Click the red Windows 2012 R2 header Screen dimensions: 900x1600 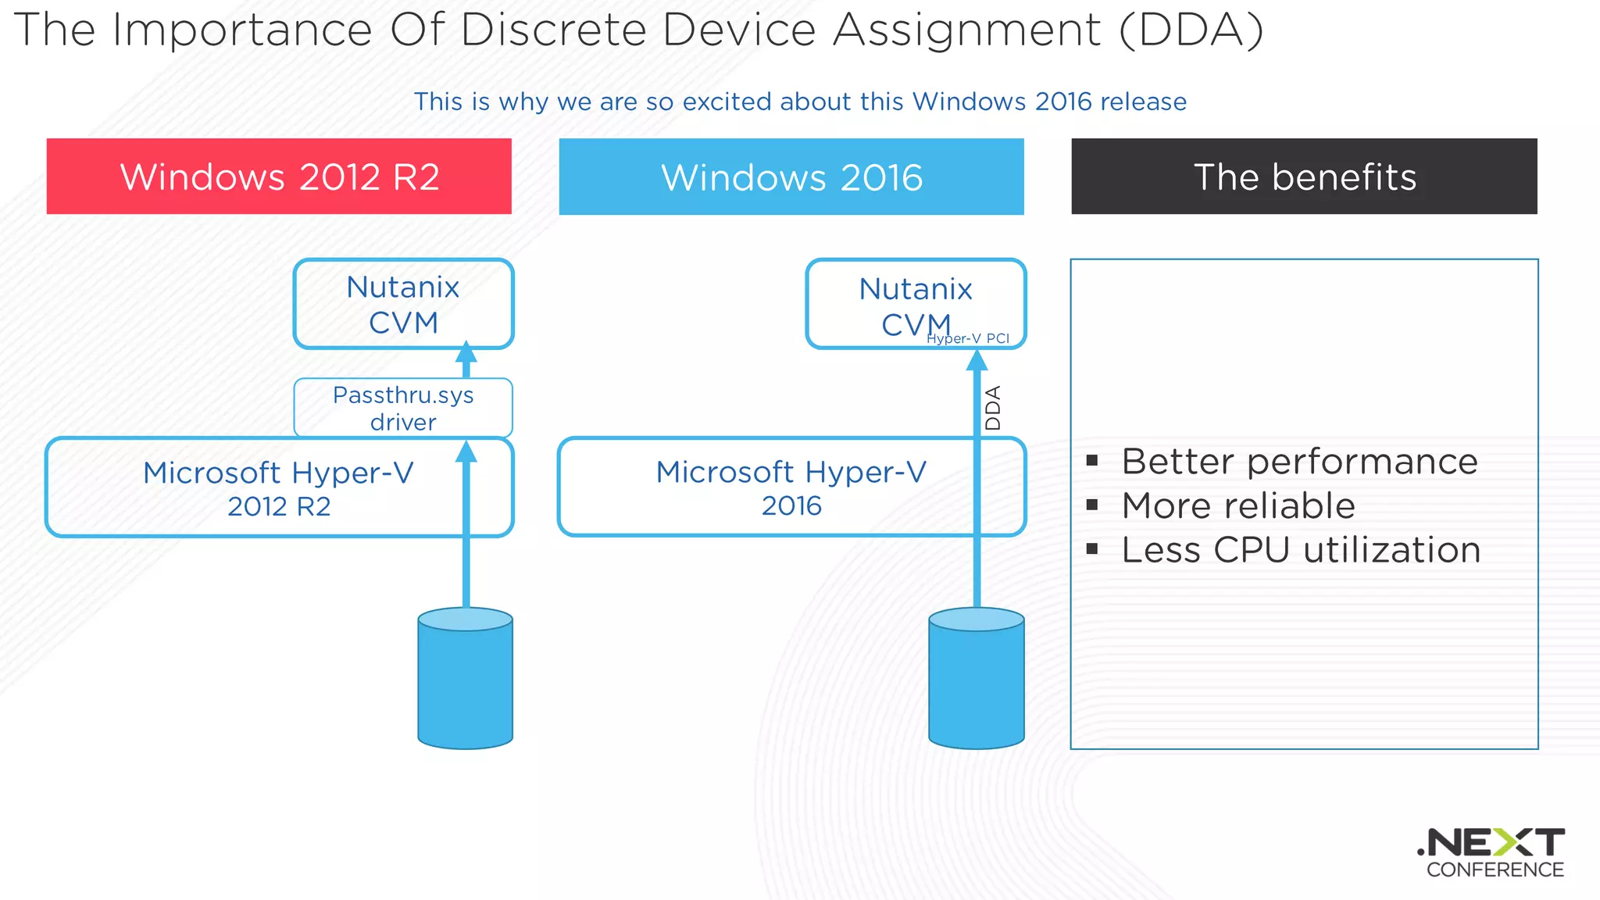tap(279, 177)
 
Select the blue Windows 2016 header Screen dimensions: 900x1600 tap(791, 177)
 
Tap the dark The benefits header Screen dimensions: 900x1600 tap(1304, 177)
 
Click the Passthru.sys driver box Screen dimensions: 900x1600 tap(403, 408)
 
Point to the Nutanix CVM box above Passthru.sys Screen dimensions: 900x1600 tap(403, 304)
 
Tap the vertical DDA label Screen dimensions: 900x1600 tap(993, 408)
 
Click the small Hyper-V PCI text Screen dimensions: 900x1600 tap(968, 338)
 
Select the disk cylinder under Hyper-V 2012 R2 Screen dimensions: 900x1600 tap(466, 678)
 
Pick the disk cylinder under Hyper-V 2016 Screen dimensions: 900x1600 tap(977, 678)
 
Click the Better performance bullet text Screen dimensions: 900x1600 tap(1299, 462)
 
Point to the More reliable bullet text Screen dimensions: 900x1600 tap(1238, 505)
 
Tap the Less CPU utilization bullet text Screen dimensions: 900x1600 tap(1301, 550)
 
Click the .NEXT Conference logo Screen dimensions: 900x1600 tap(1493, 853)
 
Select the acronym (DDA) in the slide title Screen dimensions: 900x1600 tap(1191, 30)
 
